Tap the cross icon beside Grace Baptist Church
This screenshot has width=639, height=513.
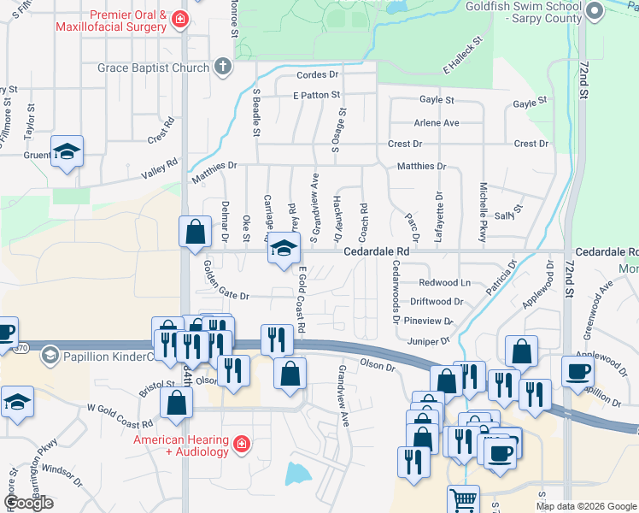(223, 67)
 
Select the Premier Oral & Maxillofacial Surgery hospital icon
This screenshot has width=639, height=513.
(179, 20)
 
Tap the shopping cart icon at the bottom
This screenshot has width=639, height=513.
(463, 499)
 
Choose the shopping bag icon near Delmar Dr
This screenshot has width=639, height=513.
(196, 231)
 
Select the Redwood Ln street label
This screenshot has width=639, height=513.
(444, 283)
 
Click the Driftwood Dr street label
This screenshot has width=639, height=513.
(437, 302)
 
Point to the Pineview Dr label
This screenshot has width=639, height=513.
(429, 321)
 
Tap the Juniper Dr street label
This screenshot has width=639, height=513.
(429, 340)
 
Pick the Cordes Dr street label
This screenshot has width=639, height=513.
(318, 75)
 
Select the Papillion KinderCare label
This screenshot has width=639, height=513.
(106, 356)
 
